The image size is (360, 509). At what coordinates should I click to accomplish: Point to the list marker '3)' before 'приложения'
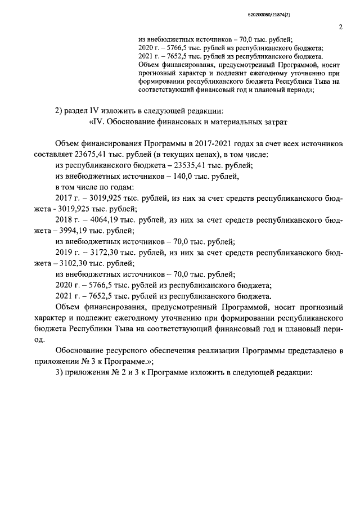point(60,374)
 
